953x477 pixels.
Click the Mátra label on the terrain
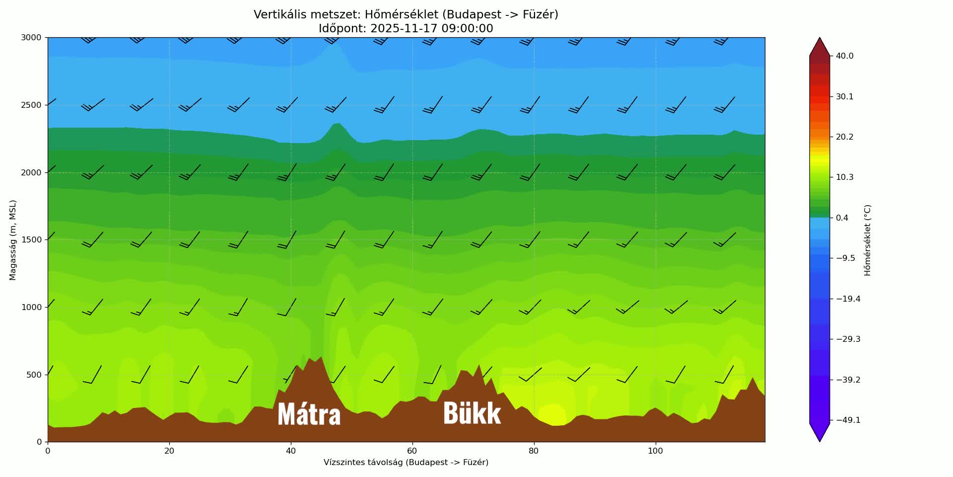coord(309,414)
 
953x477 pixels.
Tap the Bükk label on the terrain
coord(472,413)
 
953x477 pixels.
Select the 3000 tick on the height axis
coord(31,38)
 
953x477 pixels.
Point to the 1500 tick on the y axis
coord(31,240)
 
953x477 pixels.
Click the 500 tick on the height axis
coord(34,375)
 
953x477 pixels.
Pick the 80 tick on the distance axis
coord(534,451)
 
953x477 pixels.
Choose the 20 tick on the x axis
coord(169,451)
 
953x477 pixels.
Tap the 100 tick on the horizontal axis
coord(655,451)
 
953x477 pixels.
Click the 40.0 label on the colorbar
coord(844,56)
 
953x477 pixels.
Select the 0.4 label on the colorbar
coord(842,218)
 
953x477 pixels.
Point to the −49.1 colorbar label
coord(848,420)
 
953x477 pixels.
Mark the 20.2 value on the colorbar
coord(844,137)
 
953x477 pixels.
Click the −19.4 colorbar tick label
coord(848,299)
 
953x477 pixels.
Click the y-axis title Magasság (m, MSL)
coord(13,240)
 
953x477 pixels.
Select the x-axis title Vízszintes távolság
coord(406,463)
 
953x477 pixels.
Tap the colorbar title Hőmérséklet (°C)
coord(868,240)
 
